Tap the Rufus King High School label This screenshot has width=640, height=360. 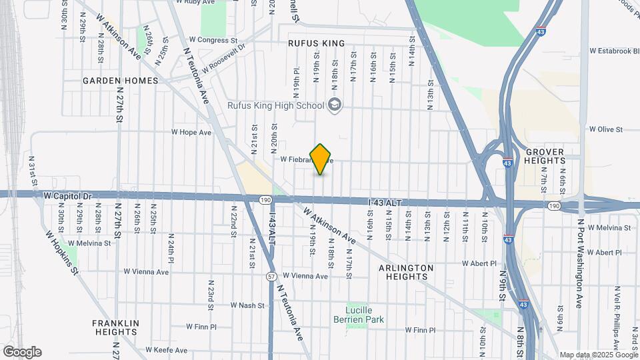point(285,105)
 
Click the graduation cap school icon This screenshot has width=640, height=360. point(334,105)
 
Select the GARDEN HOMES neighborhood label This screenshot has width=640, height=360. point(121,81)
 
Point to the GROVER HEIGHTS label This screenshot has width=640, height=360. point(544,157)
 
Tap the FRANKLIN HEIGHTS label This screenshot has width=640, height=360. point(115,327)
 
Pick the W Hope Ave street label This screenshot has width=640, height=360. point(191,133)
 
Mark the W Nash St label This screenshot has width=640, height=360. point(247,305)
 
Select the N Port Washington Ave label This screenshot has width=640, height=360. point(580,263)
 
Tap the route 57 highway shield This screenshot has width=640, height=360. point(271,275)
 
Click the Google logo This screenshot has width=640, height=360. point(22,352)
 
